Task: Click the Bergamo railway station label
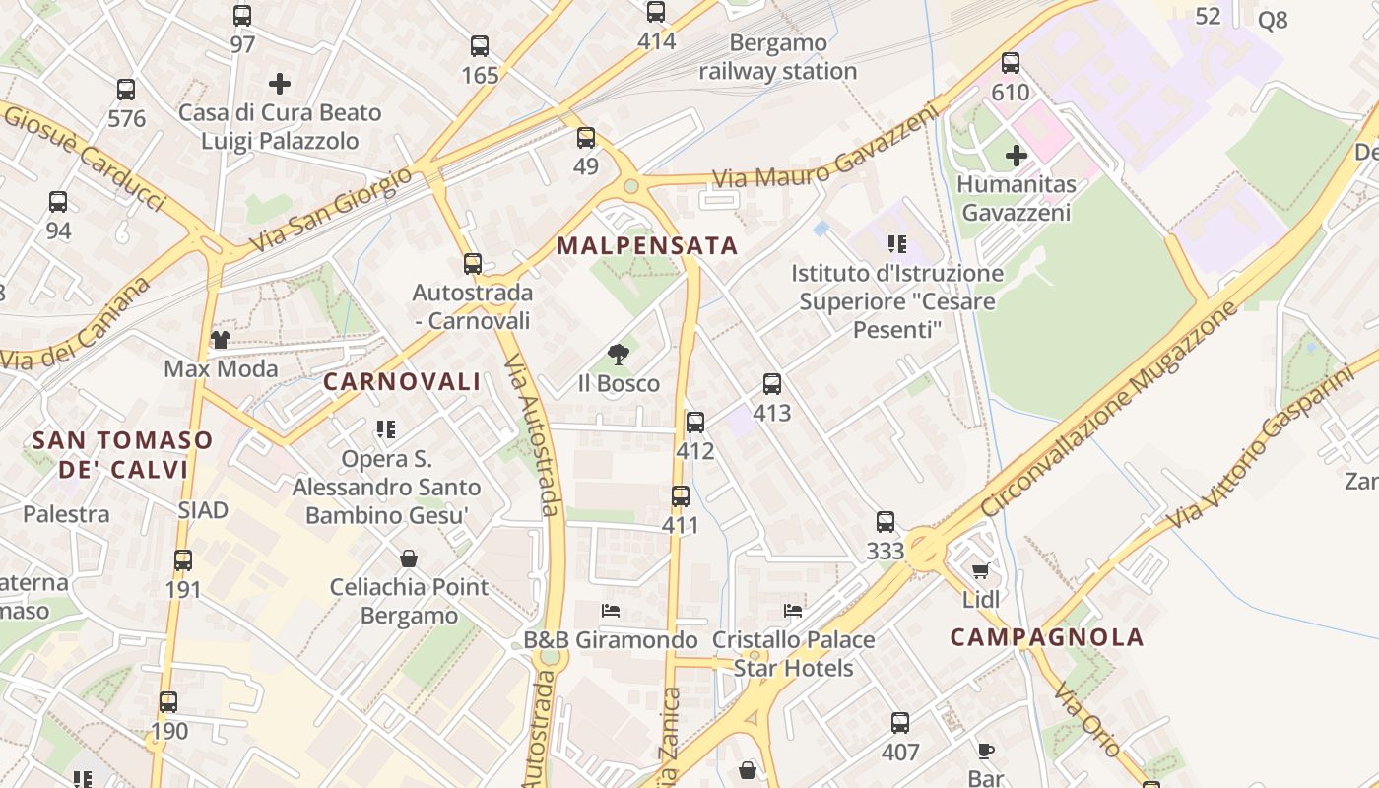point(777,57)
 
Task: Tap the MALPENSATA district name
point(647,246)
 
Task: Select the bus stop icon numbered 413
point(772,384)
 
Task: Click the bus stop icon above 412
point(695,423)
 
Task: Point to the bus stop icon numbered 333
point(886,522)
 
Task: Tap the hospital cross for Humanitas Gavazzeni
point(1016,156)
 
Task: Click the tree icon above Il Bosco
point(619,355)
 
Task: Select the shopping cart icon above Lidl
point(980,571)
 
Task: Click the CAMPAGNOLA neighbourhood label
point(1047,637)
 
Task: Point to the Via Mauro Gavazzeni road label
point(825,152)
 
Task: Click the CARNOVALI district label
point(402,382)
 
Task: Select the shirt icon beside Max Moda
point(220,340)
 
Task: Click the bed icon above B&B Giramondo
point(611,611)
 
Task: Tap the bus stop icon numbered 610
point(1011,63)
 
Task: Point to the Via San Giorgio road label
point(331,209)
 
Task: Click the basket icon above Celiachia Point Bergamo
point(409,558)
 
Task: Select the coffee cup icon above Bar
point(985,751)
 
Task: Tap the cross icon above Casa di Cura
point(280,84)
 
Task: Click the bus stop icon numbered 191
point(183,560)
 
